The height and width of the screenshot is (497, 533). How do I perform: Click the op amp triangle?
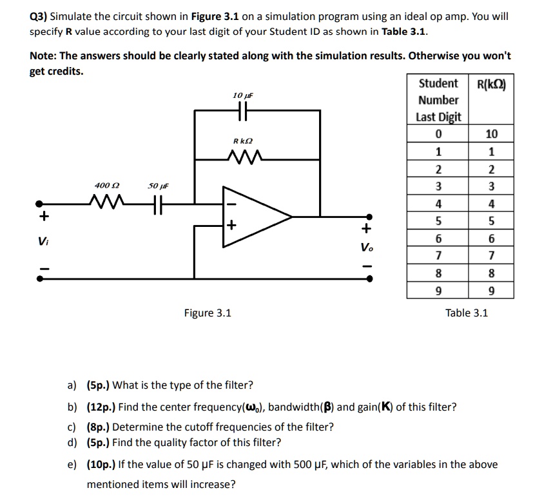[x=255, y=217]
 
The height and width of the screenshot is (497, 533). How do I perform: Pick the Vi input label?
[x=41, y=242]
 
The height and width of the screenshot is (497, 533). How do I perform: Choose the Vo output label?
[x=367, y=248]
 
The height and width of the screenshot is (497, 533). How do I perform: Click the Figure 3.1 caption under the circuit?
[x=208, y=313]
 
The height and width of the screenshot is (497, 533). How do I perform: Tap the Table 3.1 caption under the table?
[x=467, y=313]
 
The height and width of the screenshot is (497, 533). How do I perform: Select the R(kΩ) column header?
[x=491, y=84]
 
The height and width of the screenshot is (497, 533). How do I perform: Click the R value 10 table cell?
[x=492, y=134]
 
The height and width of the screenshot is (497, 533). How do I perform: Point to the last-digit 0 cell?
[x=438, y=134]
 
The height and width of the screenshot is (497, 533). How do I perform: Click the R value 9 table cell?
[x=492, y=291]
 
